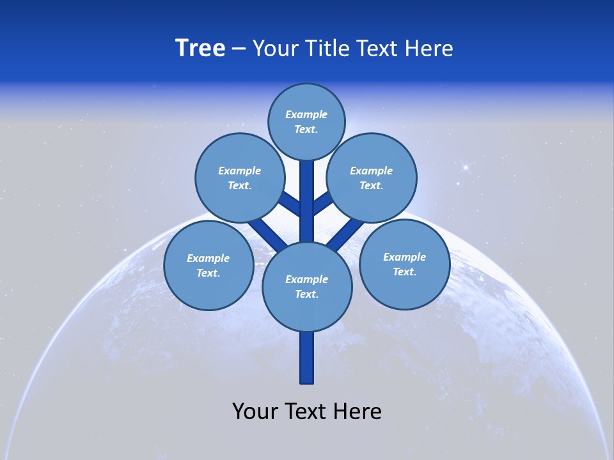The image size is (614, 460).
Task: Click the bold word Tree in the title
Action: coord(200,49)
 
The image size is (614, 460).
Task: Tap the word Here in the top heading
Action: coord(429,49)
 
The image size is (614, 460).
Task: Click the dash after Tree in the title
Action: coord(239,49)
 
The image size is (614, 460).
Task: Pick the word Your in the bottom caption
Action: coord(255,411)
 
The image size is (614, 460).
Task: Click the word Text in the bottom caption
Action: coord(306,411)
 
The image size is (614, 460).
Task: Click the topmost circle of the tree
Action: coord(306,121)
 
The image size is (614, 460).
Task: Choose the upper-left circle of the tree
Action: coord(240,178)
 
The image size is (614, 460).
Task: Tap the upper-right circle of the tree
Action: coord(372,178)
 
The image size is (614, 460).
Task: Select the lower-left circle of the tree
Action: coord(209,265)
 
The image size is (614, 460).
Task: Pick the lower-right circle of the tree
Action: coord(404,264)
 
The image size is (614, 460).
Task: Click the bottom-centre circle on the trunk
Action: coord(307,286)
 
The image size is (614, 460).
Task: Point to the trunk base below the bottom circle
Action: coord(307,358)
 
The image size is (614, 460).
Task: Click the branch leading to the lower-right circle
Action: coord(345,233)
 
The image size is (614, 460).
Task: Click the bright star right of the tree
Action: coord(466,167)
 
